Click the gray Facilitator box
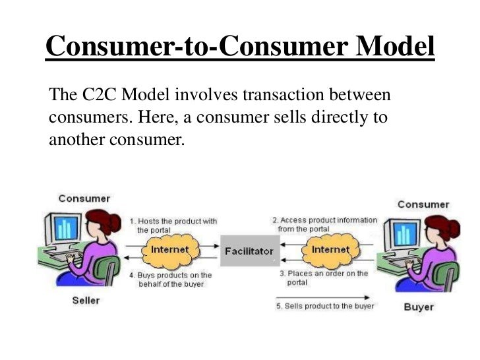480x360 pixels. click(x=249, y=251)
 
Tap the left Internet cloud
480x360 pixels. click(x=169, y=250)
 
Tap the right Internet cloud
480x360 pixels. click(x=330, y=250)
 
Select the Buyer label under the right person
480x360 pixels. click(x=419, y=307)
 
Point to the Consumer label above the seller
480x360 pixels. click(x=84, y=198)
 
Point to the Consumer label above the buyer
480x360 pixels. click(x=423, y=204)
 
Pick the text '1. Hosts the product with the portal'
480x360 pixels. click(x=173, y=225)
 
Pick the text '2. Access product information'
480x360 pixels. click(x=325, y=224)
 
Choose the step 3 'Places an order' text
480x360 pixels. click(x=323, y=277)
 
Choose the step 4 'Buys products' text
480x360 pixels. click(x=170, y=279)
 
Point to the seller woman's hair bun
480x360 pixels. click(x=114, y=224)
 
